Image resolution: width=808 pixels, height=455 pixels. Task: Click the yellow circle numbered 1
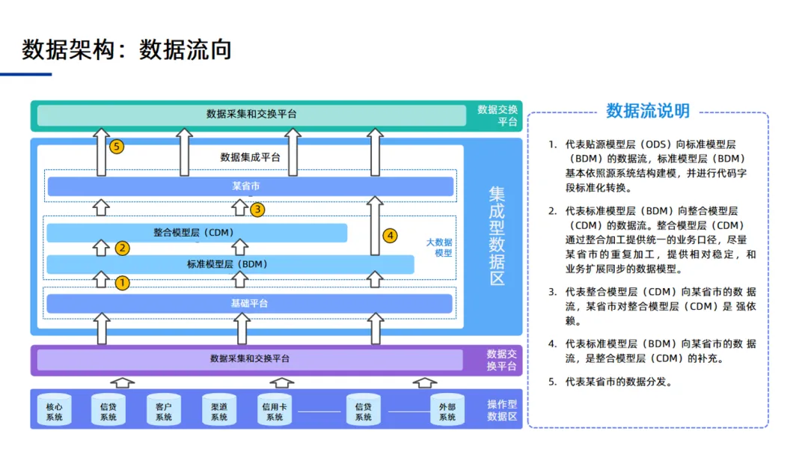(122, 283)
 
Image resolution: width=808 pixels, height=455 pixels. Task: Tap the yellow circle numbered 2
(122, 248)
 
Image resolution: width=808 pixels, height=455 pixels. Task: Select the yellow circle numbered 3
(257, 210)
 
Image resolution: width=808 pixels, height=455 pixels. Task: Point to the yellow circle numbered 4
(390, 236)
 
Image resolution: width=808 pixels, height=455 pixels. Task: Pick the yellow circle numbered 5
(116, 147)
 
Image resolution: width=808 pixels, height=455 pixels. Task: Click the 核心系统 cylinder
(54, 409)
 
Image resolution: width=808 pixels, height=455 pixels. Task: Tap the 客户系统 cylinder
(164, 409)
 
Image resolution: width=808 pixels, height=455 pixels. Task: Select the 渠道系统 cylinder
(218, 409)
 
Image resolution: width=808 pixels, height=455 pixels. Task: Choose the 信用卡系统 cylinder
(275, 409)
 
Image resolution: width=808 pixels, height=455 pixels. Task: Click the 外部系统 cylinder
(447, 409)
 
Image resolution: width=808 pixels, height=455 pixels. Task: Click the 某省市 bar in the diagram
(250, 186)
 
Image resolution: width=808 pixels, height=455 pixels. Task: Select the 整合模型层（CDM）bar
(197, 233)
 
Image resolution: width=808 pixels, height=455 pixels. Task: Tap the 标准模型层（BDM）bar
(230, 264)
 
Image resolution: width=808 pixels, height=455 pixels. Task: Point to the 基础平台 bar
(249, 303)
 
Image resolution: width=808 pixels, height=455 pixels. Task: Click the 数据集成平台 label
(250, 157)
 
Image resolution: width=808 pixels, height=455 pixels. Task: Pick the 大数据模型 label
(439, 248)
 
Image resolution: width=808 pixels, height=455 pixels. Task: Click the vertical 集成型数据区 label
(497, 236)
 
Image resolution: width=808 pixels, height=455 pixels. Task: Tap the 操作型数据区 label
(502, 410)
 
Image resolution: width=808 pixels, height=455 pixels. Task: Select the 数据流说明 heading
(648, 112)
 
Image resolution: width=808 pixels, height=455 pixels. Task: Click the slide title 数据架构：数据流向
(127, 49)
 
